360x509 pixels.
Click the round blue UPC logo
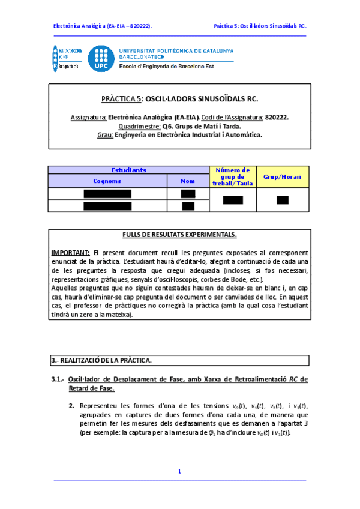pos(101,58)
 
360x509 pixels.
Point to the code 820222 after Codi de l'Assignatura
pos(277,118)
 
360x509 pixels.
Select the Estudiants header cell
pos(128,170)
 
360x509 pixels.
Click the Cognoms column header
pos(107,181)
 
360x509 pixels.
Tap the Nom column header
pos(188,181)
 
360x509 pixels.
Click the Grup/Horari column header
pos(283,177)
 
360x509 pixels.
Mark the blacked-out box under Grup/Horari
pos(283,200)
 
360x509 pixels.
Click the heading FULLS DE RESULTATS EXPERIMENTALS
pos(179,235)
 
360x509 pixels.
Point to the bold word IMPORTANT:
pos(70,253)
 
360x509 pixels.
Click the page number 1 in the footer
pos(179,472)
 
